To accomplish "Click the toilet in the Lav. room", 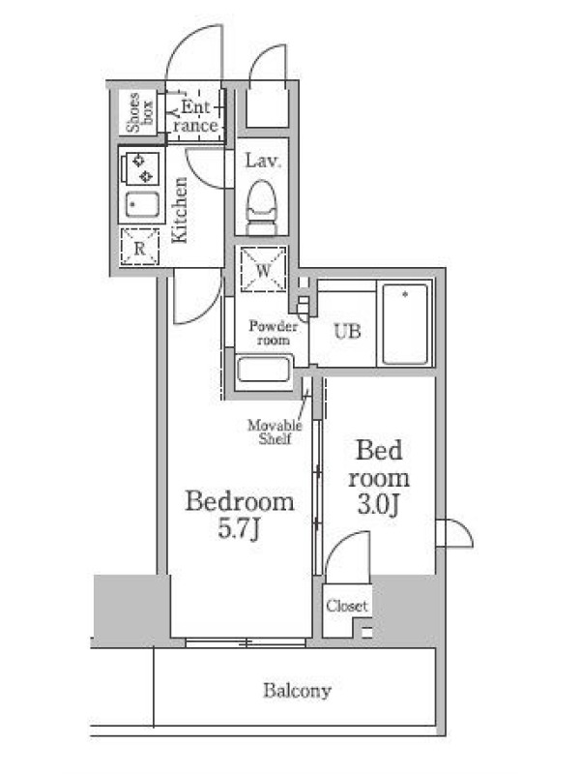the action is coord(261,207).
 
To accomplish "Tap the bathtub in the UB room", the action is coord(405,324).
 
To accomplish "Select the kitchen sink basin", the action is coord(142,204).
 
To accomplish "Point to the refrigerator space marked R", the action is coord(139,247).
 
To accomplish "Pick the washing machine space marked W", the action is coord(263,269).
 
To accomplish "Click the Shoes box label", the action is coord(139,112).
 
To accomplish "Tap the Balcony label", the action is coord(297,691).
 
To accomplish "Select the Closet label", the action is coord(347,606).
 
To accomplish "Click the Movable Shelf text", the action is coord(275,432).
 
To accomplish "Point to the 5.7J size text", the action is coord(239,529).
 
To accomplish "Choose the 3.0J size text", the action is coord(378,504).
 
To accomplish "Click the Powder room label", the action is coord(274,333).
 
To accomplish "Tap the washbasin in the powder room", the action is coord(264,370).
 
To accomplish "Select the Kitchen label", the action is coord(179,210).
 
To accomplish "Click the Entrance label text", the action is coord(195,116).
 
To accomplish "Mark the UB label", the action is coord(347,331).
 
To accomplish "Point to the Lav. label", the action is coord(263,161).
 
